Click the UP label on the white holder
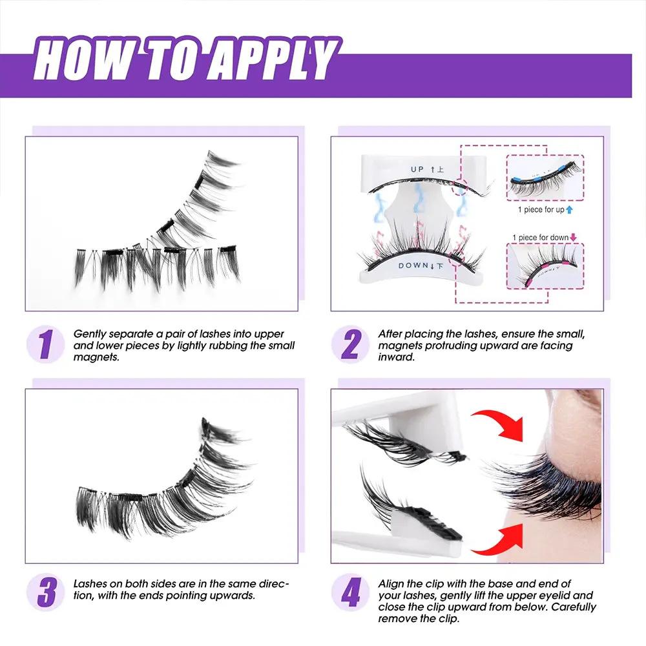click(x=418, y=169)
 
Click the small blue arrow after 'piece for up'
click(x=569, y=210)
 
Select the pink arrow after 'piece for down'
click(x=574, y=238)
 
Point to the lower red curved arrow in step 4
click(x=497, y=538)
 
